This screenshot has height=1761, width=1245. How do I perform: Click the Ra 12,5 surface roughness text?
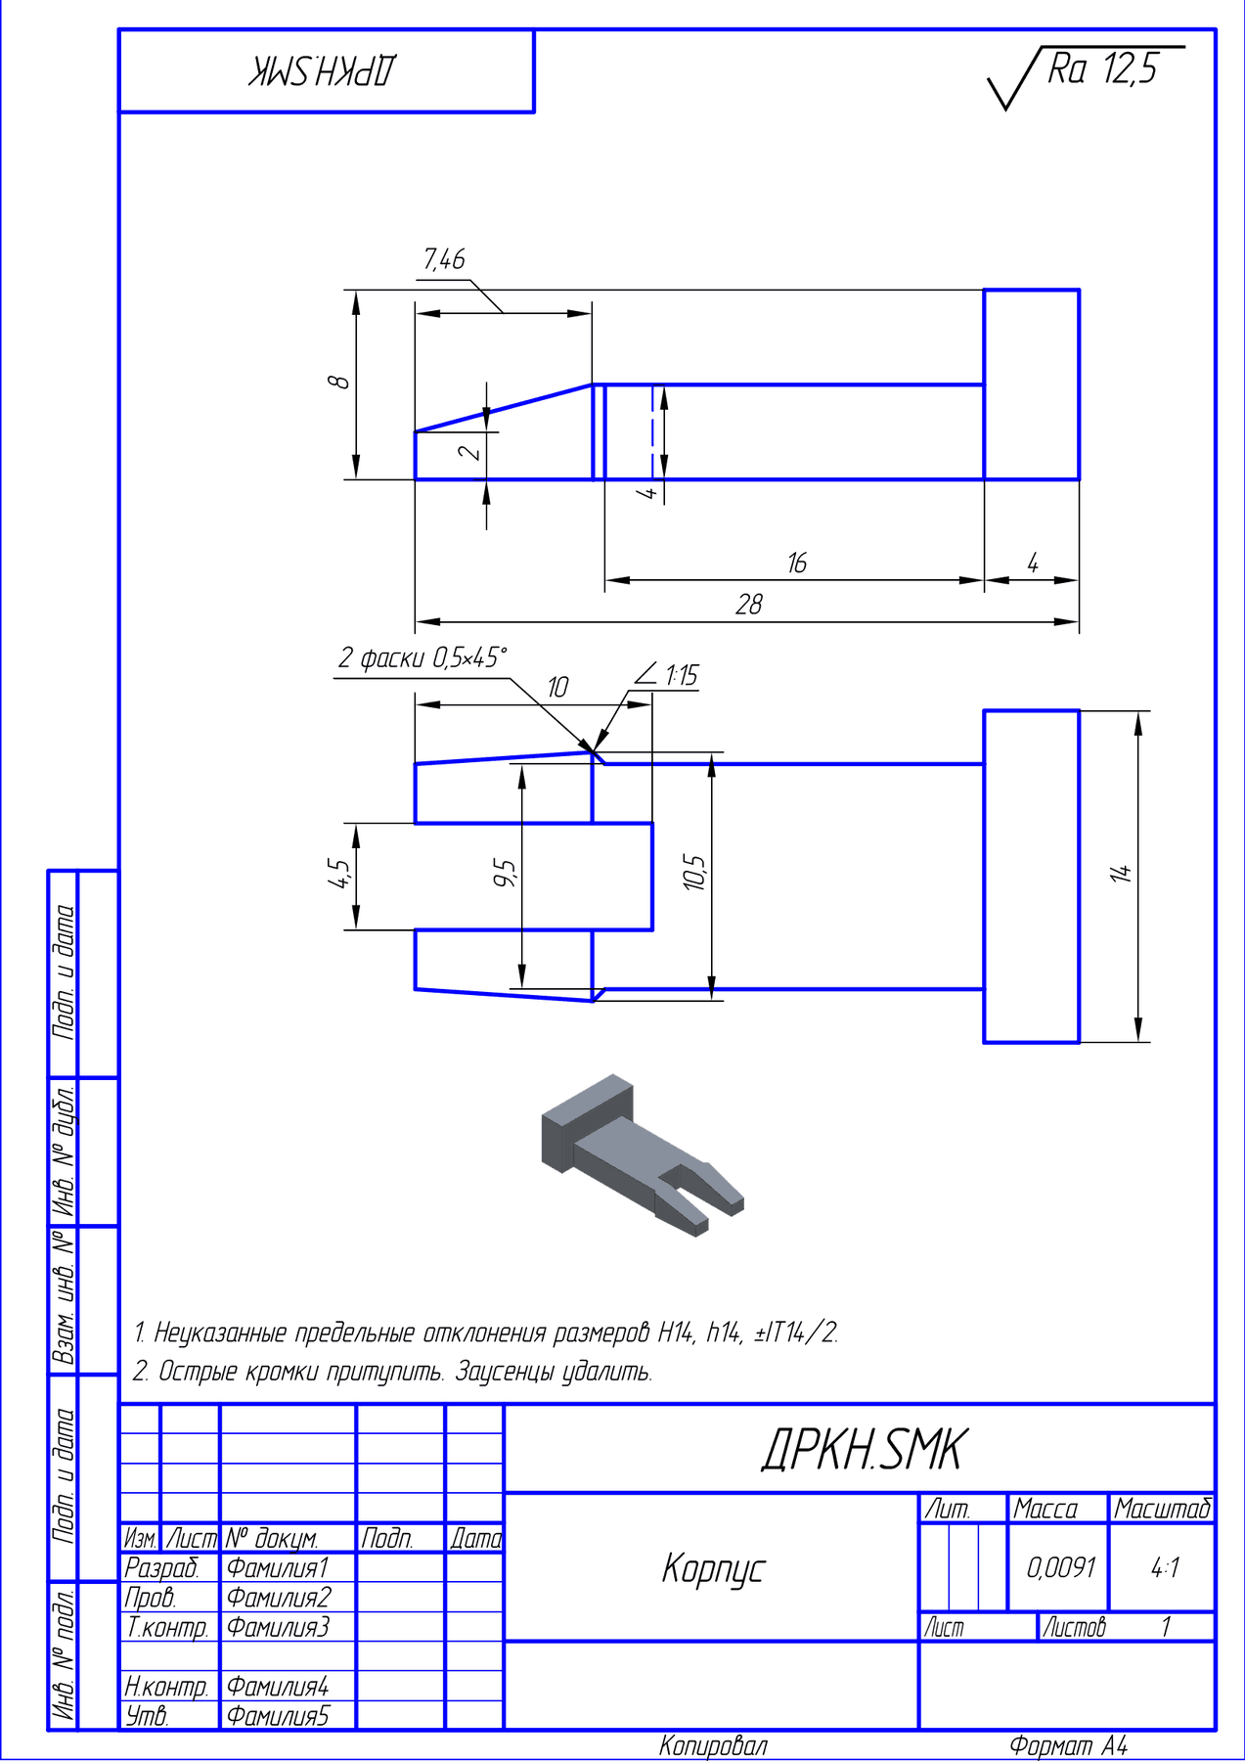pyautogui.click(x=1102, y=69)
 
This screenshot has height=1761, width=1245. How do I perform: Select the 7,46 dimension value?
pyautogui.click(x=444, y=259)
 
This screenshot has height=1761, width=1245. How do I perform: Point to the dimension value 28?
pyautogui.click(x=749, y=605)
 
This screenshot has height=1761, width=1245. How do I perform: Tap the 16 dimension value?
pyautogui.click(x=797, y=564)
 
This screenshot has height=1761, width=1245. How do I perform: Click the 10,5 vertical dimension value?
pyautogui.click(x=694, y=872)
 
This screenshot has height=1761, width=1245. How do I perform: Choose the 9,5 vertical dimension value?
pyautogui.click(x=505, y=872)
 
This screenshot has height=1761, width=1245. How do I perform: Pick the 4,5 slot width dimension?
pyautogui.click(x=338, y=873)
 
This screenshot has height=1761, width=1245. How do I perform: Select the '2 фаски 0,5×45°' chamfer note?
pyautogui.click(x=423, y=658)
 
